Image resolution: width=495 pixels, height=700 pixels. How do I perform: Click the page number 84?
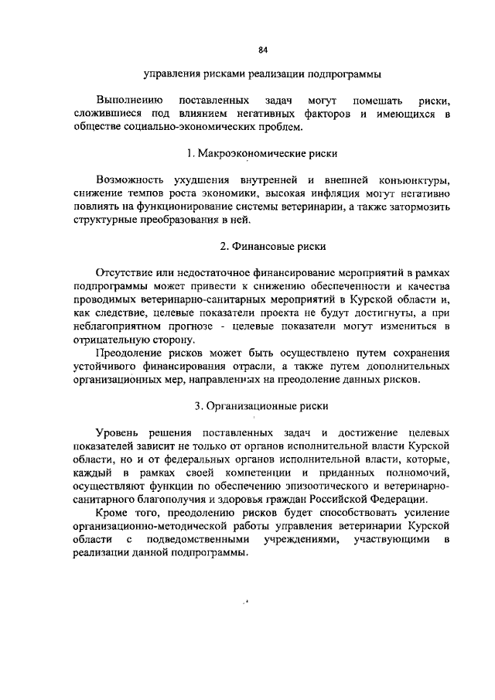tap(262, 50)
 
